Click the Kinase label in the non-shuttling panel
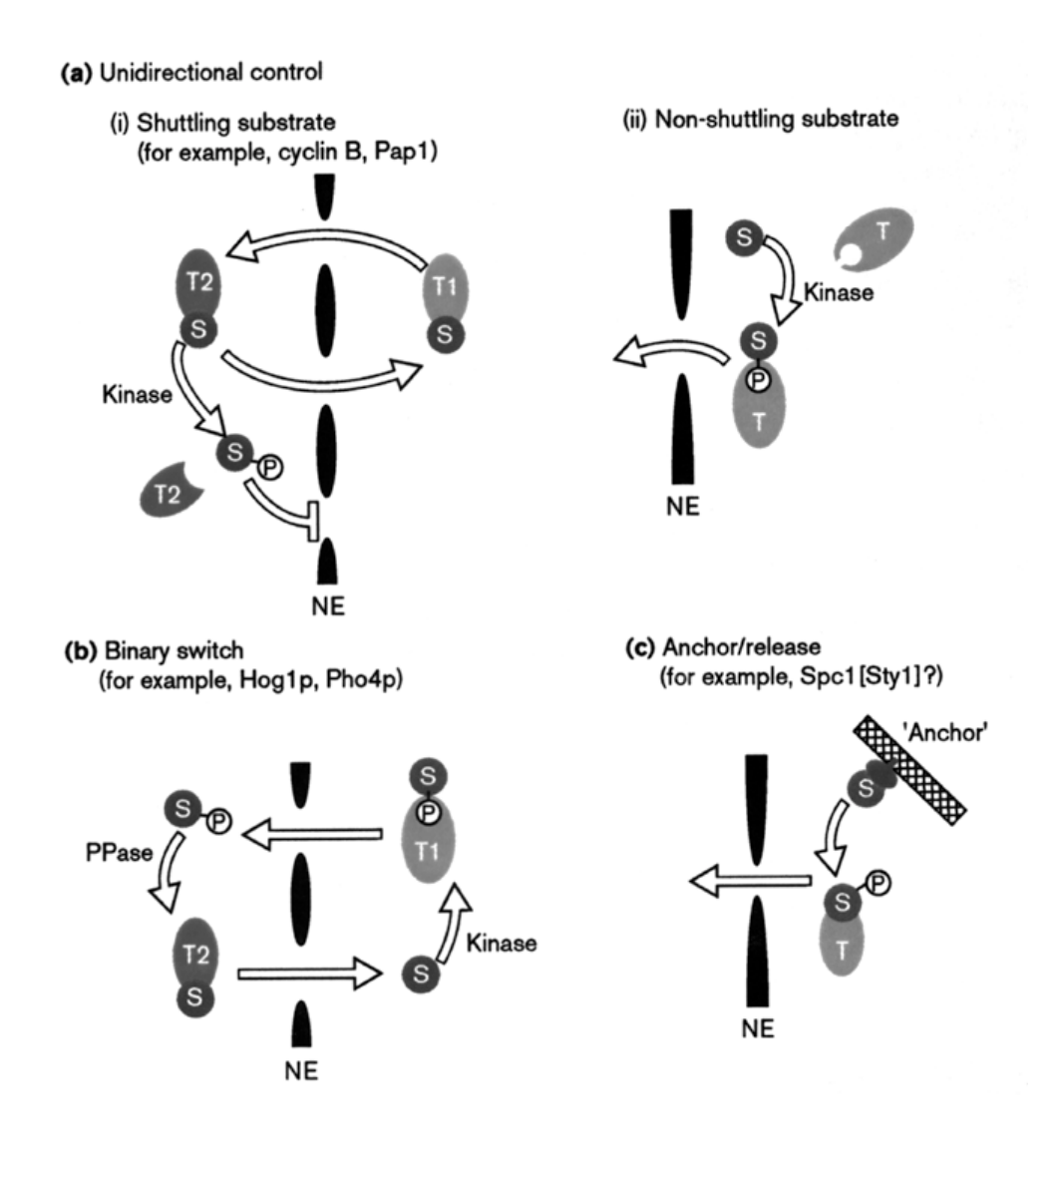tap(840, 292)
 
